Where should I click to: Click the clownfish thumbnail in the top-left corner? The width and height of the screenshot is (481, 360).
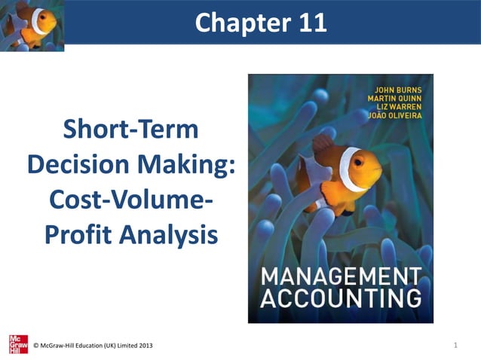click(32, 25)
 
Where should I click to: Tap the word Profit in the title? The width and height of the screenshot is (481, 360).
click(81, 236)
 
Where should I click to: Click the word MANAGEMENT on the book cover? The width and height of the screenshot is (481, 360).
click(341, 275)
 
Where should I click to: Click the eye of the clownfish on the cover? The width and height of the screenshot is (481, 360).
click(357, 161)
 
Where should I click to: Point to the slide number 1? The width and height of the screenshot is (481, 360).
click(457, 345)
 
